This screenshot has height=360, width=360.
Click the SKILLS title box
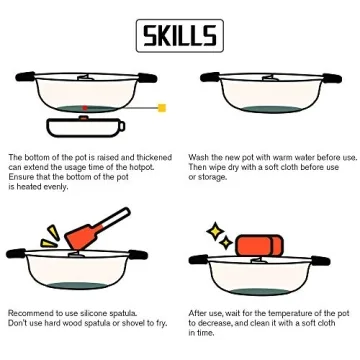[180, 37]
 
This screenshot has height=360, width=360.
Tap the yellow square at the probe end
[162, 107]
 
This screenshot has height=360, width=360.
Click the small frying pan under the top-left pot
[86, 127]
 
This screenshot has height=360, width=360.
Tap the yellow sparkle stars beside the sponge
[219, 237]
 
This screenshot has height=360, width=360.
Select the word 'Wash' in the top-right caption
[198, 157]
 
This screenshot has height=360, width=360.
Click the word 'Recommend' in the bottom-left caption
[29, 313]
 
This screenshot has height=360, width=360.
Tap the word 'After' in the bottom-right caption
[197, 313]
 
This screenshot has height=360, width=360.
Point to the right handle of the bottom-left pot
[147, 255]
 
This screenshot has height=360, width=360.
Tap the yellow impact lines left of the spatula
[51, 236]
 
